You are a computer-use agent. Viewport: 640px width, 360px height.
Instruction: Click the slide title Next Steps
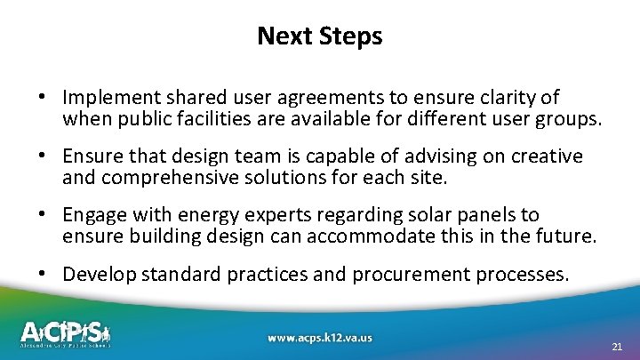(x=320, y=36)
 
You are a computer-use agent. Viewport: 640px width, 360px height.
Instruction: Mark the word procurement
(x=396, y=274)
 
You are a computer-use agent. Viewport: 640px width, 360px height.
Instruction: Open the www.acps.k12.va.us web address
(x=319, y=338)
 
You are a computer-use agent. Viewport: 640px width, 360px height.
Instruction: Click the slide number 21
(x=617, y=347)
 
